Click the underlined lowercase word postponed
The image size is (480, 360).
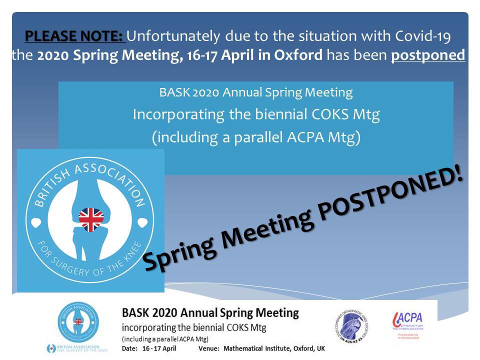pos(428,54)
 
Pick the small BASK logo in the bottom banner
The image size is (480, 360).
pos(78,322)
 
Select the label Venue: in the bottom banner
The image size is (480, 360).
pos(209,348)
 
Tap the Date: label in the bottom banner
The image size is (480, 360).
pos(130,348)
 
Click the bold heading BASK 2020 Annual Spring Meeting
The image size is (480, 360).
pos(210,314)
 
